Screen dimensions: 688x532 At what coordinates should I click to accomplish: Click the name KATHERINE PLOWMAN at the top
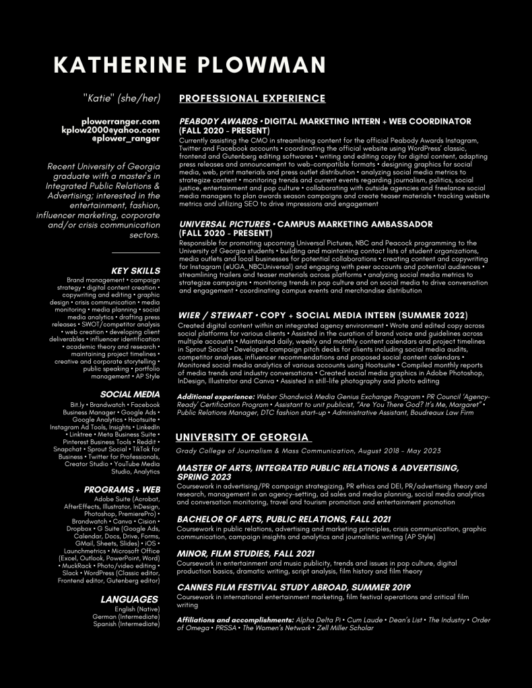189,65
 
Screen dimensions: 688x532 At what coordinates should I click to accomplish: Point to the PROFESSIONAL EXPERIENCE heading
252,99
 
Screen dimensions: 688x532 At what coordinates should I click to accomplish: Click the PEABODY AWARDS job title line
325,122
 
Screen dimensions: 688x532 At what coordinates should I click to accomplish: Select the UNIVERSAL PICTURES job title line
306,224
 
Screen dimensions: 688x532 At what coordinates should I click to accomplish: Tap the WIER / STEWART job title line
323,315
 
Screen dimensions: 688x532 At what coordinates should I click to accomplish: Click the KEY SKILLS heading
135,271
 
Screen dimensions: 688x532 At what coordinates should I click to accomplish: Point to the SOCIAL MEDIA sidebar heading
130,394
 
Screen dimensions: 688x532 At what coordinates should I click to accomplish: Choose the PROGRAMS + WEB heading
122,490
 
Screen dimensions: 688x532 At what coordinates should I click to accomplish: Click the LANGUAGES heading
129,599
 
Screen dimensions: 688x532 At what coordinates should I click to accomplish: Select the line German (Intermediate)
126,617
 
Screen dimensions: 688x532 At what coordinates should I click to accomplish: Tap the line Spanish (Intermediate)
127,624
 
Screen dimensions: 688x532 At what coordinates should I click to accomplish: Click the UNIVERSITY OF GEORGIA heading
243,438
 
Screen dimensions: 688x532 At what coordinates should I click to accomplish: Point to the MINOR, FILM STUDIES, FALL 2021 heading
245,553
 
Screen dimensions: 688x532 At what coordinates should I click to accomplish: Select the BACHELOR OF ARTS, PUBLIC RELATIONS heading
284,519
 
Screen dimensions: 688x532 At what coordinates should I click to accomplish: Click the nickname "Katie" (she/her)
122,99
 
